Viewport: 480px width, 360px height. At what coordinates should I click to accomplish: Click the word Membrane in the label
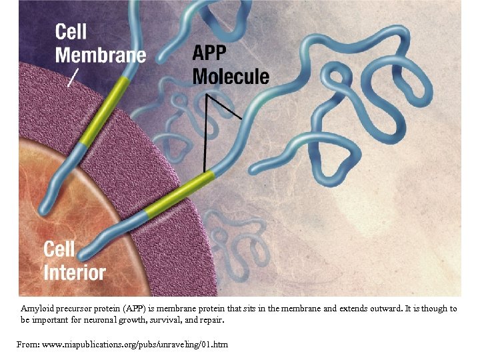(x=100, y=54)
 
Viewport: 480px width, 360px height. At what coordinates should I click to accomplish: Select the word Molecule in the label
(x=231, y=75)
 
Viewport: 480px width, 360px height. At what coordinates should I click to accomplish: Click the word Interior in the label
(x=75, y=272)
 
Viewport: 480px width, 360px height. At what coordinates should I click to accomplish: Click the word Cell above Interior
(x=59, y=250)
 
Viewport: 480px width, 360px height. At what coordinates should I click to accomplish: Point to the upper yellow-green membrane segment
(x=103, y=110)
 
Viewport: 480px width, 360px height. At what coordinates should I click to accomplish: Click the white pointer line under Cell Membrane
(x=73, y=77)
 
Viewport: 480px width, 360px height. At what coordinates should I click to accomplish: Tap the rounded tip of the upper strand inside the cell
(x=45, y=209)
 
